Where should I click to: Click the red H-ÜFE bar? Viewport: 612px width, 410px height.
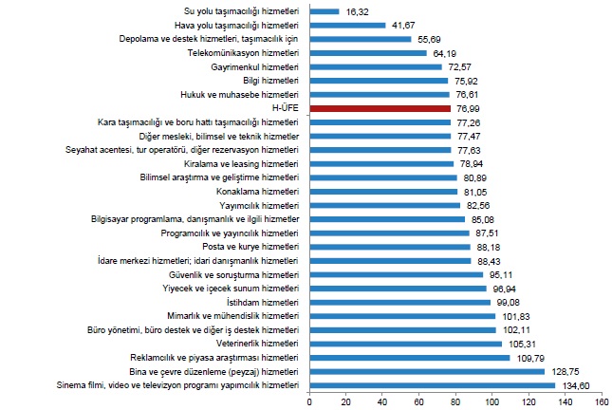click(380, 109)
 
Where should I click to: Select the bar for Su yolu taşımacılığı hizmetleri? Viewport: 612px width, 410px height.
click(325, 11)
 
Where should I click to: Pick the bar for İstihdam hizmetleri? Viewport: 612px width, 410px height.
click(400, 302)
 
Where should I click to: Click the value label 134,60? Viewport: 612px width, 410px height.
click(578, 385)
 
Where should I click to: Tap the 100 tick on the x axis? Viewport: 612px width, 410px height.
click(492, 401)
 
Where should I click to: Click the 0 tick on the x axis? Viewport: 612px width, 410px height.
click(309, 401)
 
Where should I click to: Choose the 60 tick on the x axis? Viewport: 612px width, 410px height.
click(419, 401)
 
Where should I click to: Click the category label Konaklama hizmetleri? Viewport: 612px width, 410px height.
click(258, 192)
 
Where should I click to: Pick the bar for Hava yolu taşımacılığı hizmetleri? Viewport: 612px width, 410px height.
click(347, 26)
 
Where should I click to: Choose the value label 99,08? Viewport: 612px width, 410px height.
click(510, 302)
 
